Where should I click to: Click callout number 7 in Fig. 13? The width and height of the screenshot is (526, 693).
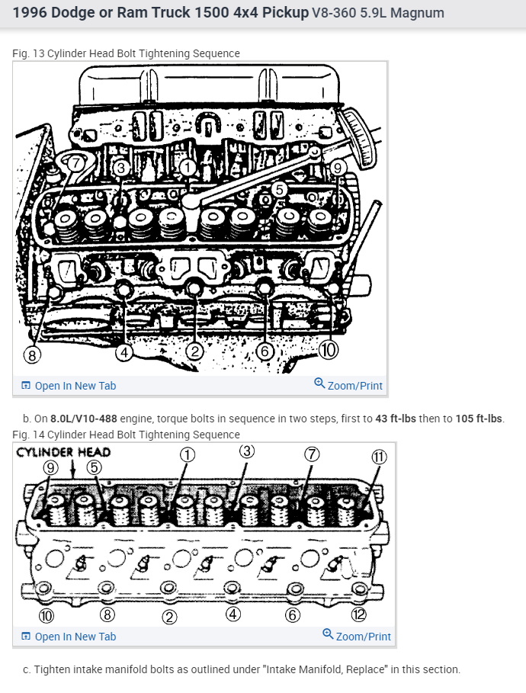[x=76, y=163]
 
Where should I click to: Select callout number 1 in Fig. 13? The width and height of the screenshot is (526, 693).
[x=188, y=168]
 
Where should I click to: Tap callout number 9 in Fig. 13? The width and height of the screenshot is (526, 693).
[x=338, y=168]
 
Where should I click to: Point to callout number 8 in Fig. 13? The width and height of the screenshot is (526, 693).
[x=32, y=355]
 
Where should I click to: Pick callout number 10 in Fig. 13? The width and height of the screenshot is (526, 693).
[x=329, y=350]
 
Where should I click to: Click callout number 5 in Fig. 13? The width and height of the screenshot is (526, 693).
[x=279, y=189]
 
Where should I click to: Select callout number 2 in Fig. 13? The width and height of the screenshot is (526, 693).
[x=194, y=351]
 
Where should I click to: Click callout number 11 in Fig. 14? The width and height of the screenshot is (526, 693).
[x=379, y=457]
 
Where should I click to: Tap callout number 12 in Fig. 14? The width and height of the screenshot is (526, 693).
[x=358, y=614]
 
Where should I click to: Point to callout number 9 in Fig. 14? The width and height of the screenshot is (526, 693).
[x=50, y=467]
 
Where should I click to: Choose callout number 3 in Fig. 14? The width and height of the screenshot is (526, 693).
[x=247, y=451]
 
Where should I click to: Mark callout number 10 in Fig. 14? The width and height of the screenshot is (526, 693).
[x=47, y=615]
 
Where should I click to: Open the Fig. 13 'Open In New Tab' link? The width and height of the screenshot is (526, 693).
[x=69, y=386]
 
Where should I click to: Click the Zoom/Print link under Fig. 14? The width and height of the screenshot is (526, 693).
[x=357, y=636]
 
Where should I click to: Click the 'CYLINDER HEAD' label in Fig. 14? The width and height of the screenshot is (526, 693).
[x=63, y=452]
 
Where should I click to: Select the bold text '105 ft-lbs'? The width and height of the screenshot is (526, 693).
[x=479, y=419]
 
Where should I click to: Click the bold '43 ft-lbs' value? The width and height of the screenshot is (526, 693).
[x=396, y=419]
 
